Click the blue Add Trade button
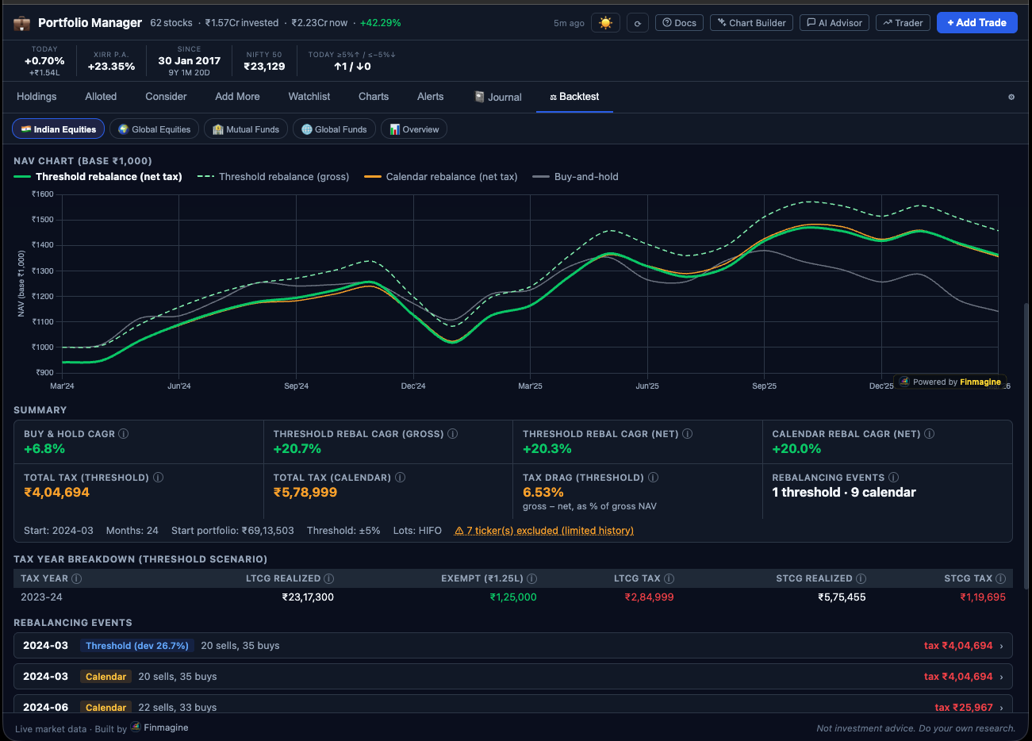pos(976,22)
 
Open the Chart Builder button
pos(751,23)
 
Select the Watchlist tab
pos(309,97)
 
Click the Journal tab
pos(498,97)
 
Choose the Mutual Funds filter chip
pos(246,129)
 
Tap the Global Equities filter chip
pos(155,129)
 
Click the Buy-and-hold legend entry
pos(585,177)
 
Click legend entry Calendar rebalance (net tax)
pos(451,177)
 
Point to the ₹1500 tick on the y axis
pos(43,220)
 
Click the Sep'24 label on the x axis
pos(296,386)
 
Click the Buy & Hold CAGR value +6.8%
pos(44,449)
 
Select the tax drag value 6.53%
pos(543,493)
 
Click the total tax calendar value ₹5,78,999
pos(305,493)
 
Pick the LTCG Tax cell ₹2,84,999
pos(649,597)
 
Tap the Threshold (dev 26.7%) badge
pos(136,646)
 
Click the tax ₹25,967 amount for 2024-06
pos(963,708)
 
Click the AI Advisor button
pos(834,23)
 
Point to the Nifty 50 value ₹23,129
pos(264,67)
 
